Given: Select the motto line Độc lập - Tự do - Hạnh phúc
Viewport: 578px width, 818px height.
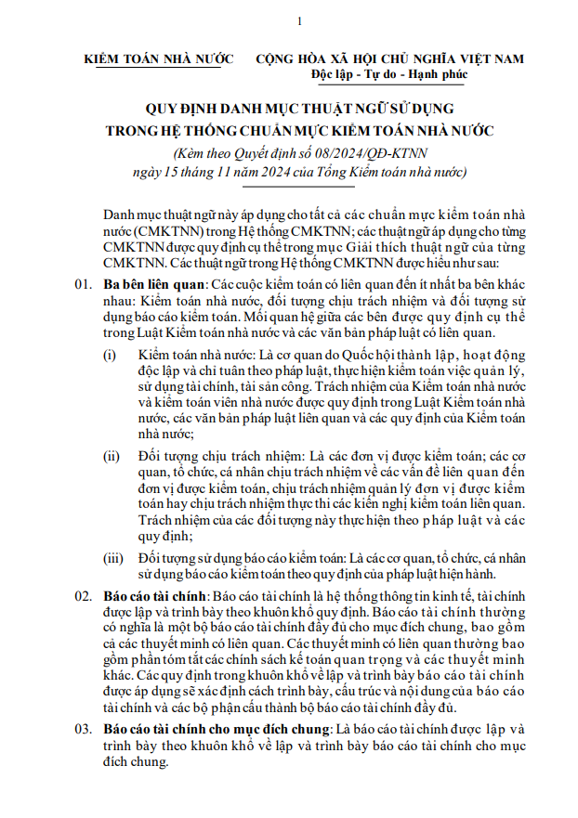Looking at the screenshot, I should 390,73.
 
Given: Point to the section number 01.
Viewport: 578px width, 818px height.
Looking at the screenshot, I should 84,282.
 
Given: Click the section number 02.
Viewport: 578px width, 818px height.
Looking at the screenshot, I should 84,595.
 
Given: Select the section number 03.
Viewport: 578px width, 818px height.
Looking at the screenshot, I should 84,729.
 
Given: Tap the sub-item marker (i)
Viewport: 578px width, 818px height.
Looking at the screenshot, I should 110,356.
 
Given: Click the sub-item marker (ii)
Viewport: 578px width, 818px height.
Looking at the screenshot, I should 112,456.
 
